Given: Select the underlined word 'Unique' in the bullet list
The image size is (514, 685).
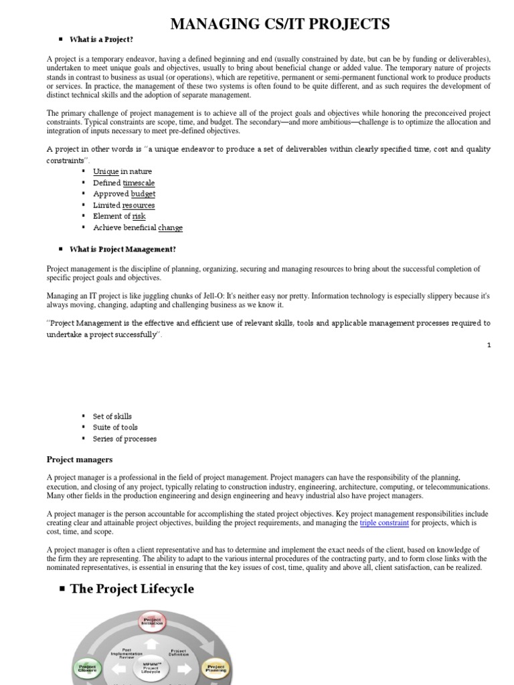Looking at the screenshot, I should (106, 171).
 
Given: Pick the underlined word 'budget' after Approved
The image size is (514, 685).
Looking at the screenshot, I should (143, 194).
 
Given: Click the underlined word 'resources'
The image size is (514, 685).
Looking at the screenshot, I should (139, 205).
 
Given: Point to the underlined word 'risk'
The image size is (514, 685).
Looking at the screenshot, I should (139, 216).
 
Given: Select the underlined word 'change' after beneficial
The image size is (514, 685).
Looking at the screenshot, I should (170, 227).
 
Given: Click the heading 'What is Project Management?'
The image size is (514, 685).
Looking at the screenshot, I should (122, 250).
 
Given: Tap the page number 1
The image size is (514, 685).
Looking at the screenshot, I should (489, 345).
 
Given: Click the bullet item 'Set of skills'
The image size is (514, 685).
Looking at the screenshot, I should (112, 416).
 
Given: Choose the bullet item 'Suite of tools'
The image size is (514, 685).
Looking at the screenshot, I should (116, 427).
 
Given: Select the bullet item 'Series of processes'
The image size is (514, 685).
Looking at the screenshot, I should (124, 439).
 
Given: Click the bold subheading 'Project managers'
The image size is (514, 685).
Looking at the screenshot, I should (80, 460).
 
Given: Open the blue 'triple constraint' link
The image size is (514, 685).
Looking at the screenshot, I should (384, 523).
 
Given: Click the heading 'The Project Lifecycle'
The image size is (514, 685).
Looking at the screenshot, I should (132, 589).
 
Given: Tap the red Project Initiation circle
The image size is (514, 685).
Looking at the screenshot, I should (152, 621).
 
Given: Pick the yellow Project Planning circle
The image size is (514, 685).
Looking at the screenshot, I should (216, 668).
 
